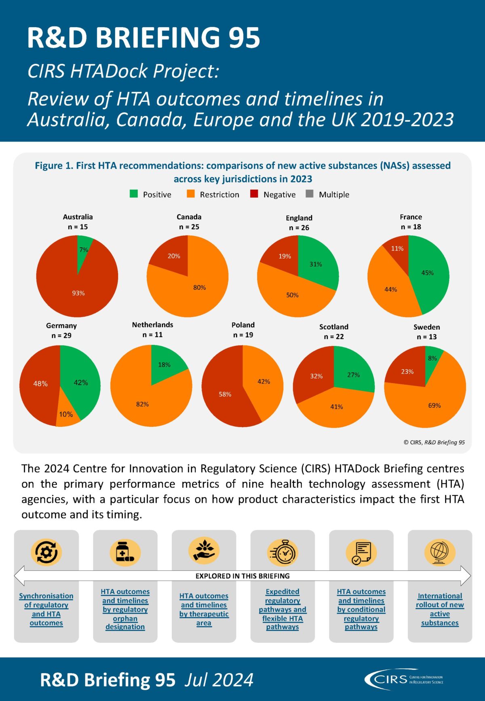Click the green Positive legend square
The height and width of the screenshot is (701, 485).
[x=134, y=194]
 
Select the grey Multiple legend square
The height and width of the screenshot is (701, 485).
[x=310, y=194]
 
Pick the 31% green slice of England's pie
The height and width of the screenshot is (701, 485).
[x=316, y=264]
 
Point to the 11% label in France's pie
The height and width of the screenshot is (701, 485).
[x=397, y=248]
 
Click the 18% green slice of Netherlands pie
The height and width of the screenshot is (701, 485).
[x=165, y=364]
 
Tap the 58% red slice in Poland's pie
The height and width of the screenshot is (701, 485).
[x=224, y=394]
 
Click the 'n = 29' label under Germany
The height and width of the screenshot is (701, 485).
[x=61, y=336]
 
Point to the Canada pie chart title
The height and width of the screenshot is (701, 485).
[x=189, y=217]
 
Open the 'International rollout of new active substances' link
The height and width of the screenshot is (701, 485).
[x=440, y=609]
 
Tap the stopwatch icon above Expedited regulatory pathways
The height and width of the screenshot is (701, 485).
[x=283, y=553]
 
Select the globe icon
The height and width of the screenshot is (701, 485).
[x=440, y=553]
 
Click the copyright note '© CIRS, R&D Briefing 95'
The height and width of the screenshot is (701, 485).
[x=434, y=442]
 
